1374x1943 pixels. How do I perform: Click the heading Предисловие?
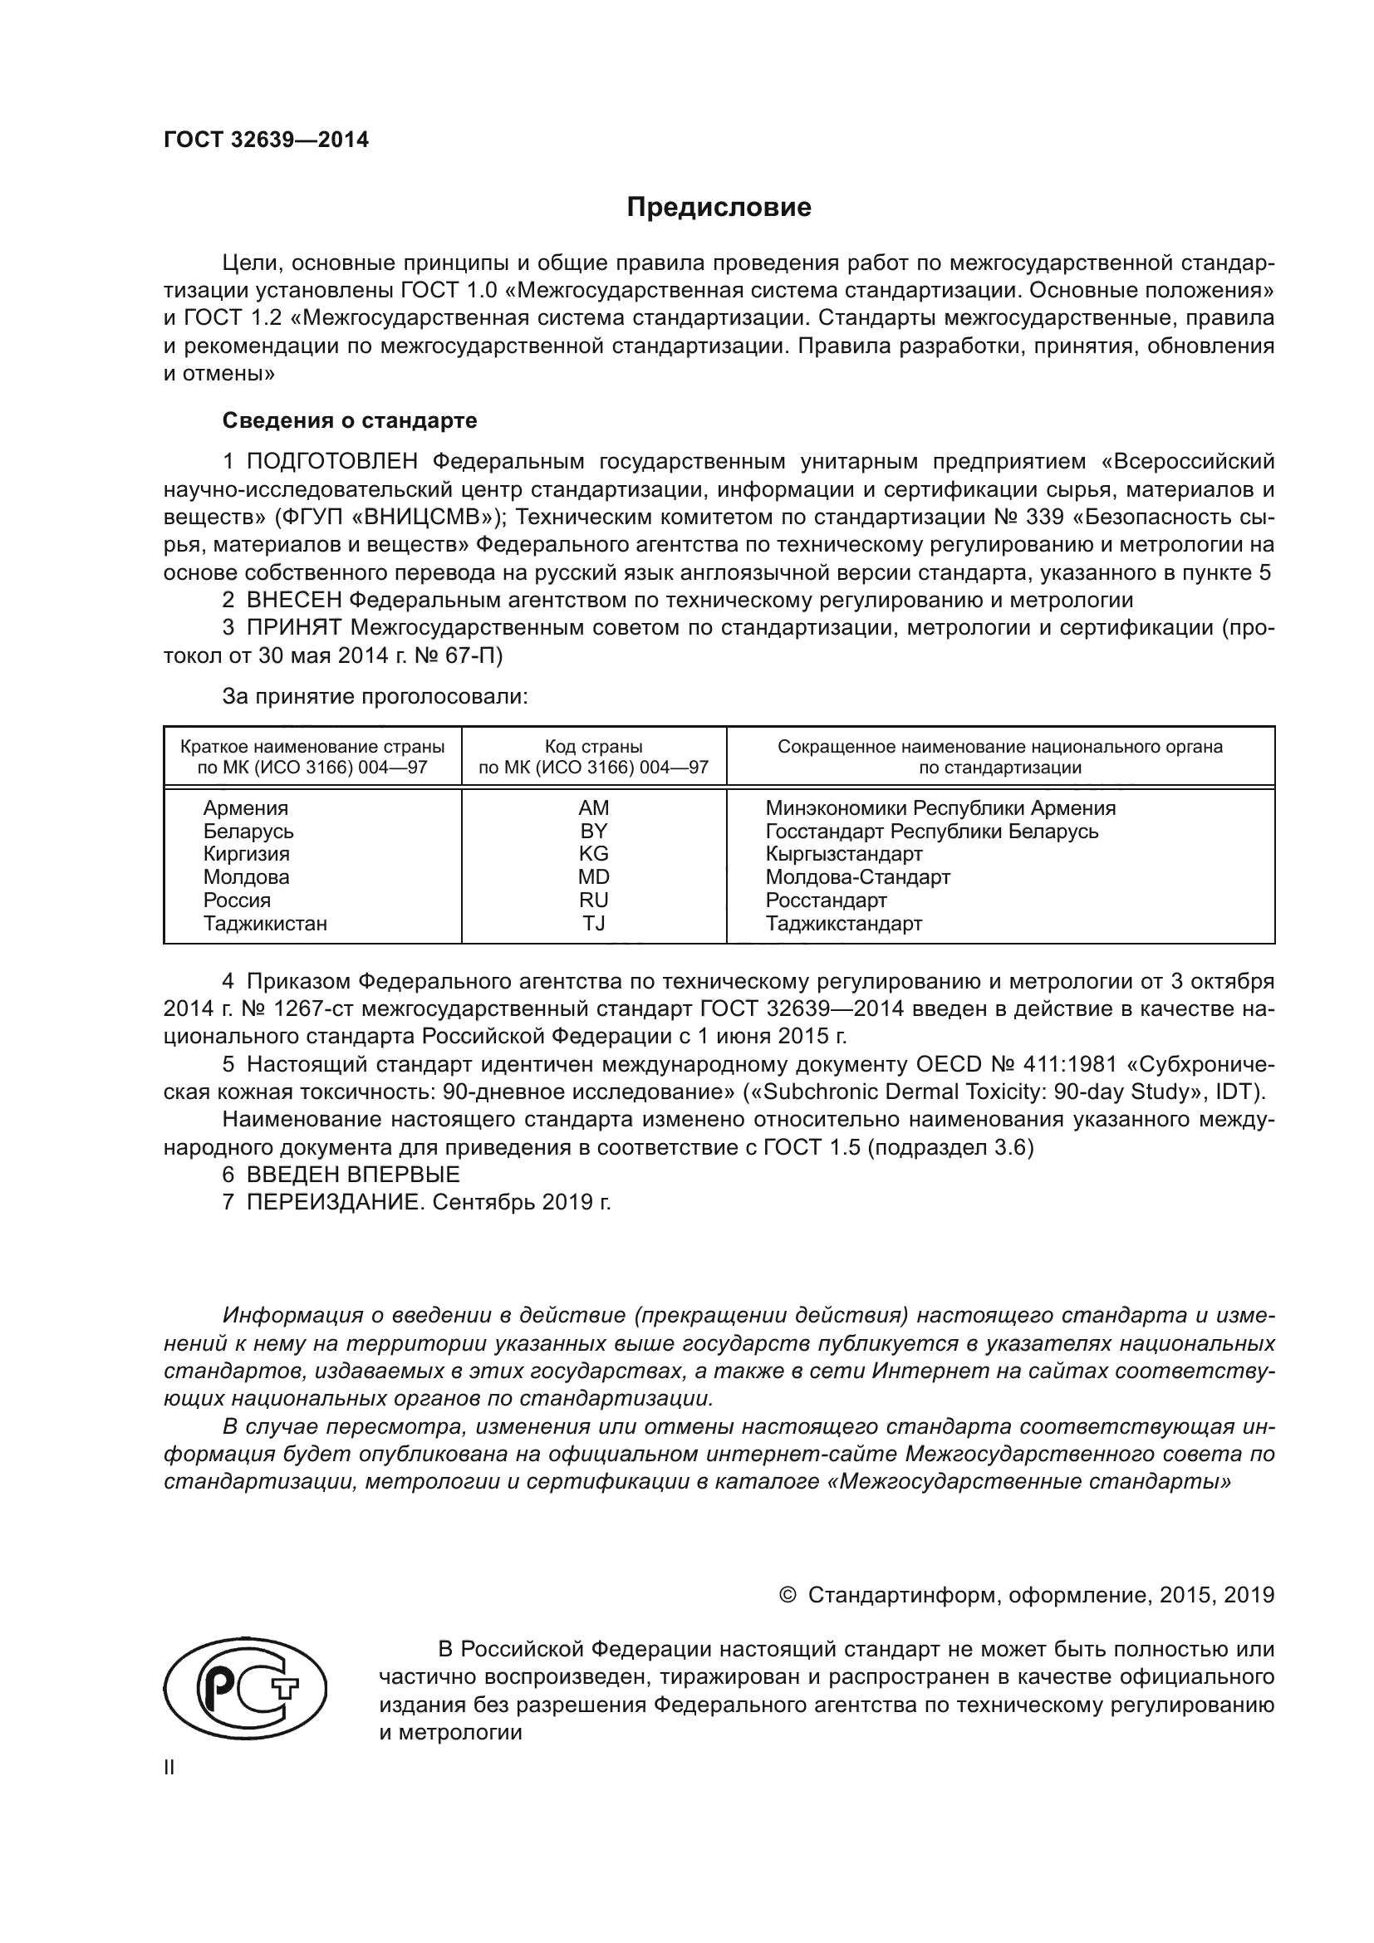719,208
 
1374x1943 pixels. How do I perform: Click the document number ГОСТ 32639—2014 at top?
267,140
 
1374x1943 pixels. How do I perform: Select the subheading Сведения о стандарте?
350,420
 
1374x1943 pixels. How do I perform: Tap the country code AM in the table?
593,808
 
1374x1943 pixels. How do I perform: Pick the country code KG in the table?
593,854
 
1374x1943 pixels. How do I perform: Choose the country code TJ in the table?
593,923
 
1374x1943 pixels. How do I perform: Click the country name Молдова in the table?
246,876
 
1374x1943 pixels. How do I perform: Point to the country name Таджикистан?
265,923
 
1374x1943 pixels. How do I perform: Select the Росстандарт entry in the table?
826,900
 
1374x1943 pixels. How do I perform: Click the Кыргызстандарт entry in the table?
843,854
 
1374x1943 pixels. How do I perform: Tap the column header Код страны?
593,747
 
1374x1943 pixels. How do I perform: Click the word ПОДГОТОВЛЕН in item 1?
331,462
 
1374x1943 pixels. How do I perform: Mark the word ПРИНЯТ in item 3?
293,628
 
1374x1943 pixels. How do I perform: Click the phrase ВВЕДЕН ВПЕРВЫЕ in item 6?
353,1175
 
